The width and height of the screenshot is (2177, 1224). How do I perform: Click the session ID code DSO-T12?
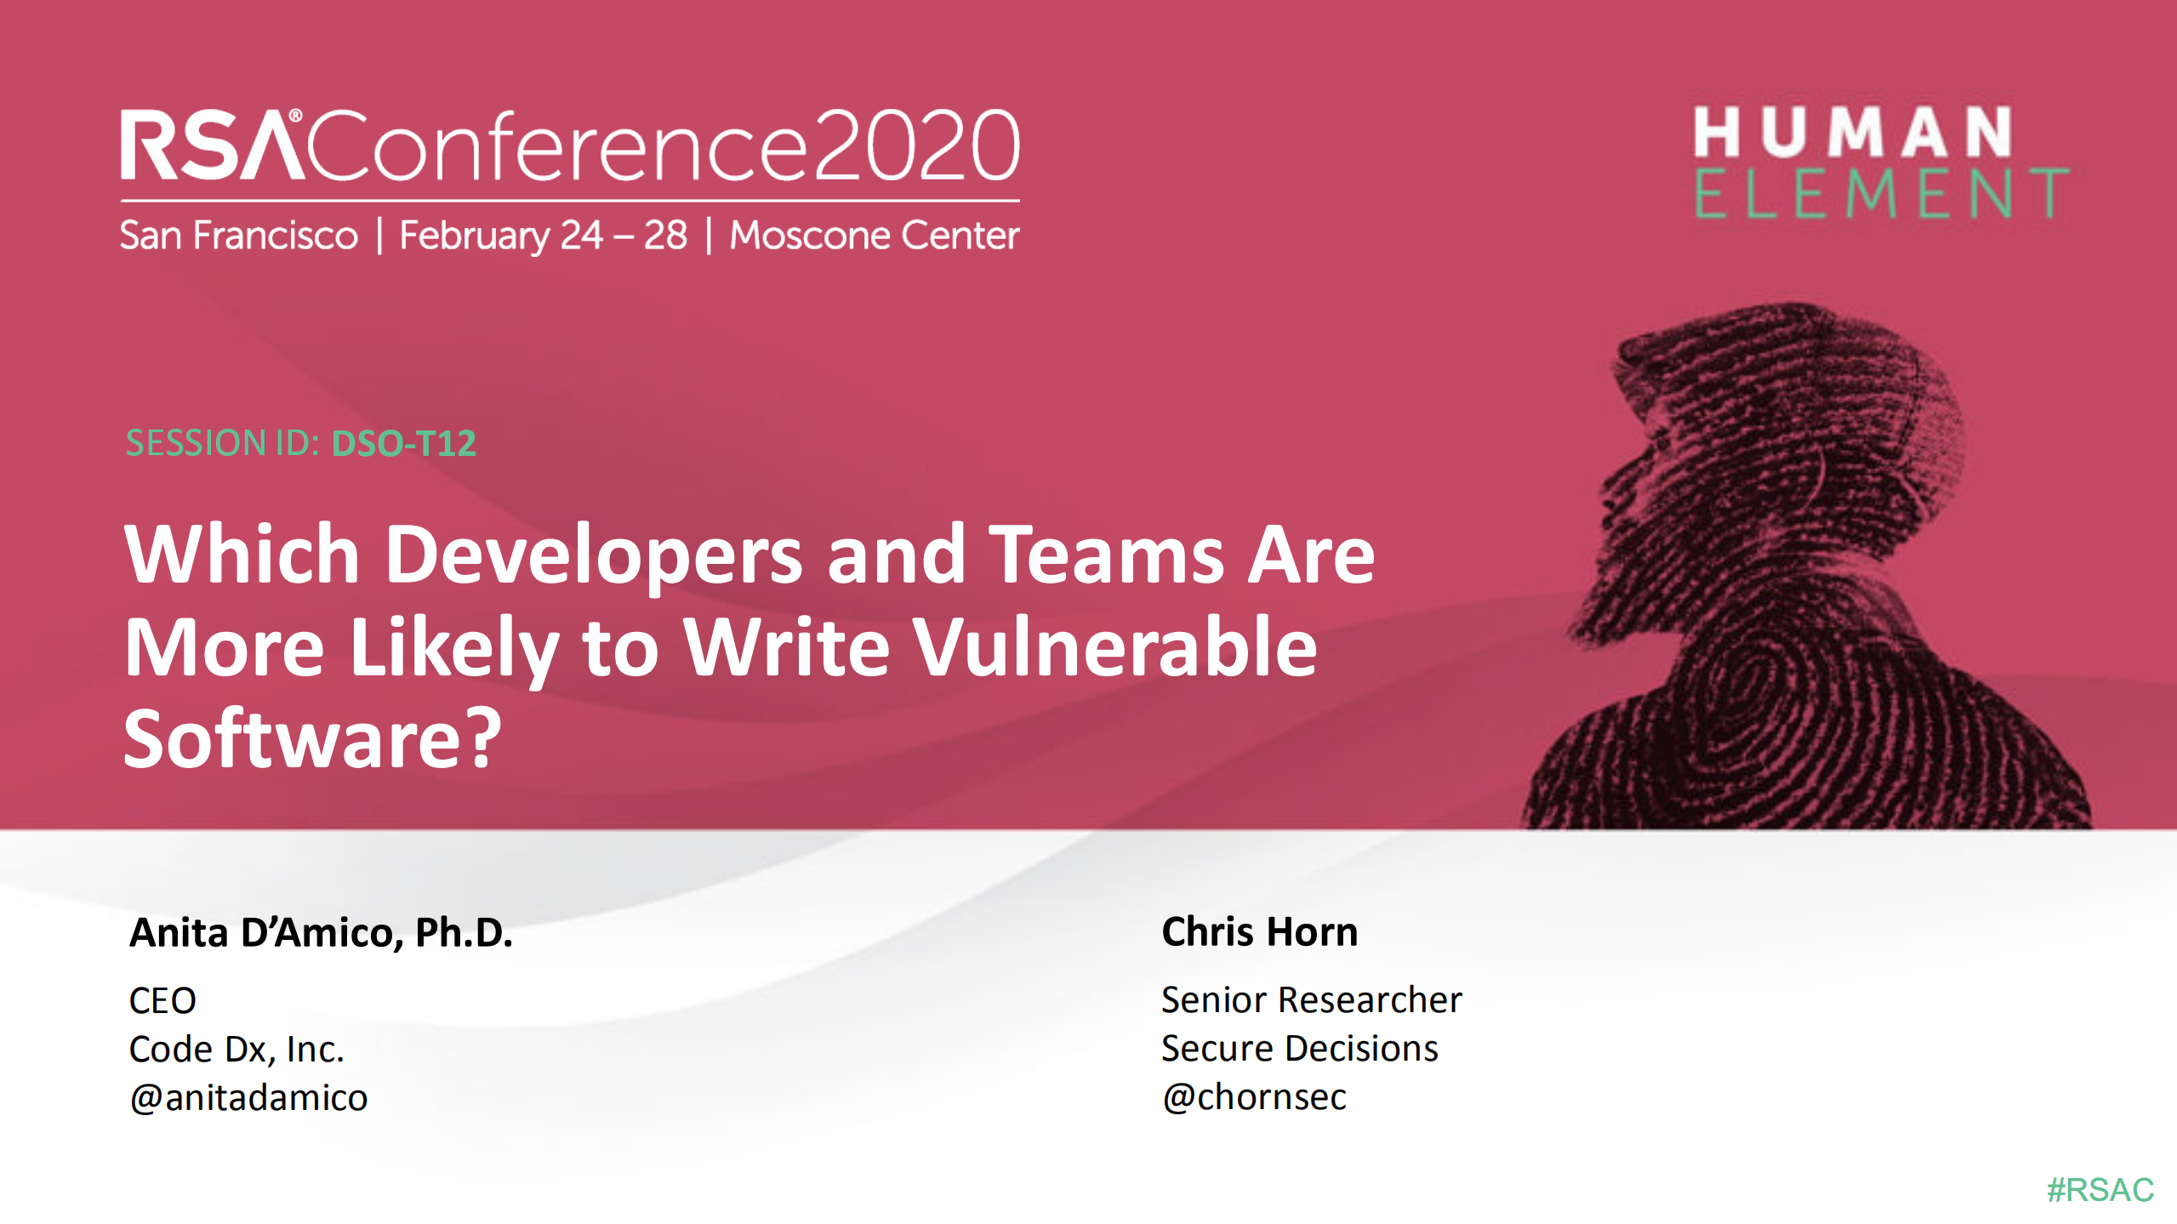click(403, 443)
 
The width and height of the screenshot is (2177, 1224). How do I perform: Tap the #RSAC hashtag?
click(2100, 1189)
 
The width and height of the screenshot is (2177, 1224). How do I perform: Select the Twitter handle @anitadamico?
click(248, 1097)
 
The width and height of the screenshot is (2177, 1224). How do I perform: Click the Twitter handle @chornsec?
click(1254, 1096)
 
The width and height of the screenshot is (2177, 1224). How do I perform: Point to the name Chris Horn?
click(1259, 931)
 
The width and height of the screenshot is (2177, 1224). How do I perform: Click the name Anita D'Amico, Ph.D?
click(321, 932)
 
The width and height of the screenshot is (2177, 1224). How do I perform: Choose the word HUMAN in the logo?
click(1853, 133)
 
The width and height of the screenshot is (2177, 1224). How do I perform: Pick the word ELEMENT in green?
click(1880, 194)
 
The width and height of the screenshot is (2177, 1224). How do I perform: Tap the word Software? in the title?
click(313, 738)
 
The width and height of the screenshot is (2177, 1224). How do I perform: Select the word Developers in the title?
click(593, 555)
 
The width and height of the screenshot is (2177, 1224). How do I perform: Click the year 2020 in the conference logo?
click(915, 146)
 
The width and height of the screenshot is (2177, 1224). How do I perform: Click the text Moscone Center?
click(874, 236)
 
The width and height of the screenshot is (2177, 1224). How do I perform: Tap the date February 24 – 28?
click(543, 236)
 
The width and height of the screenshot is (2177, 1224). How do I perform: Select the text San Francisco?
click(239, 236)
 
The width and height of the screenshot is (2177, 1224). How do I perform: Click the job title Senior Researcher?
click(1311, 999)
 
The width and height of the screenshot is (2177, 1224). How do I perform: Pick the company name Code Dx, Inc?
click(237, 1049)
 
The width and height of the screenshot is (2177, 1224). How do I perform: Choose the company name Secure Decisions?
click(1299, 1048)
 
